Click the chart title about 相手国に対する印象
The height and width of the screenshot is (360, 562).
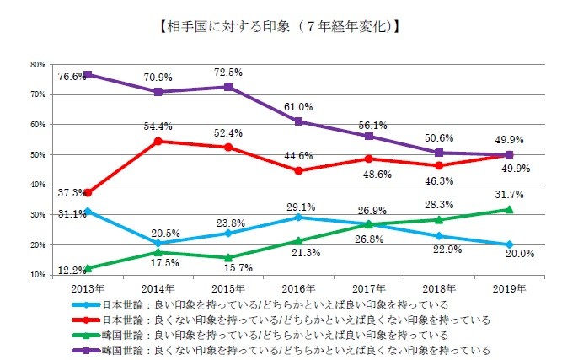point(280,26)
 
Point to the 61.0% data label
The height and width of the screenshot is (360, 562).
point(298,107)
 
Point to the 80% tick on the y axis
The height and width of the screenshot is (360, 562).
point(36,64)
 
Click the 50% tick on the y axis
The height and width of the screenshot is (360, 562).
point(36,154)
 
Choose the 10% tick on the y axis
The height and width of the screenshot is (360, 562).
point(36,275)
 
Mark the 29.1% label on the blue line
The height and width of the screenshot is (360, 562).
point(298,206)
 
